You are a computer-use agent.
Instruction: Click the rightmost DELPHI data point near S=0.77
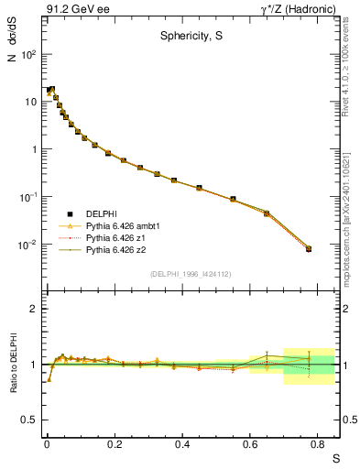point(309,248)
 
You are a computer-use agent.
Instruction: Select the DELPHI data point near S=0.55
point(233,199)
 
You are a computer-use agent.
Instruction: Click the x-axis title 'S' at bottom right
point(335,458)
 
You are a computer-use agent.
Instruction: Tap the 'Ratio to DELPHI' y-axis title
point(12,362)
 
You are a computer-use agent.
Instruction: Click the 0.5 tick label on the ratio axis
point(29,420)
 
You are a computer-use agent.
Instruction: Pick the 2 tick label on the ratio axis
point(33,309)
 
